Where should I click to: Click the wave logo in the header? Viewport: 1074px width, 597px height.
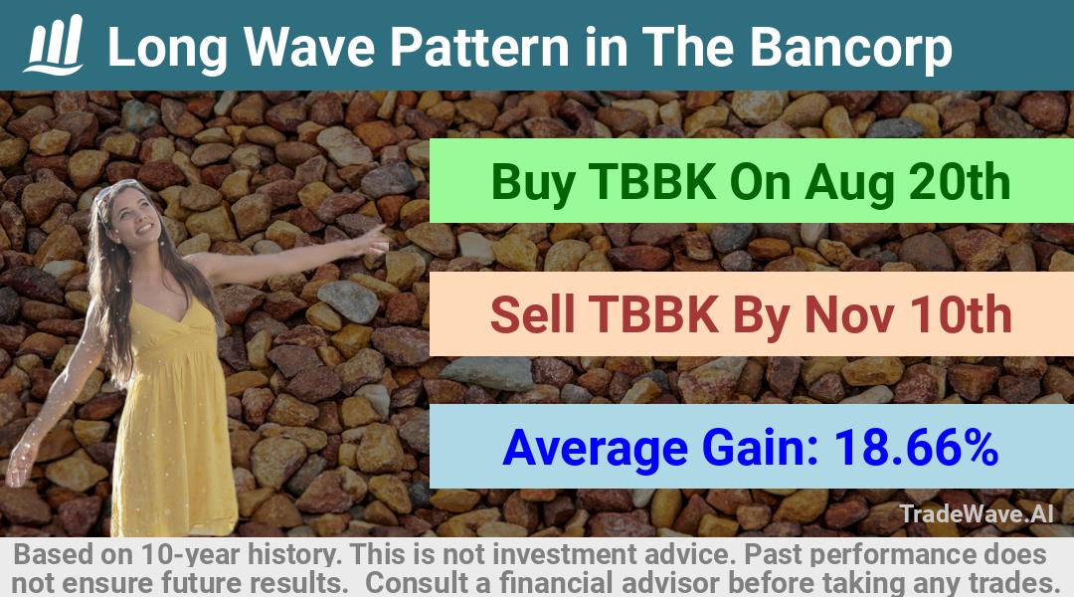point(54,45)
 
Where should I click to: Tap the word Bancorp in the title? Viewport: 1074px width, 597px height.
point(850,48)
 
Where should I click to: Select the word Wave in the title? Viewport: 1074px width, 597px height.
point(309,48)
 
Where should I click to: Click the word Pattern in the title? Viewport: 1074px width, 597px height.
point(479,48)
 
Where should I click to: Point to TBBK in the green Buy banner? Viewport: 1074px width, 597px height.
point(652,182)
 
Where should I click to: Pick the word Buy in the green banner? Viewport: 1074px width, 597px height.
point(532,184)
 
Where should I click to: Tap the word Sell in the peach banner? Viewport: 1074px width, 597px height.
point(532,314)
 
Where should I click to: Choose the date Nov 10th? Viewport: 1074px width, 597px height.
point(908,314)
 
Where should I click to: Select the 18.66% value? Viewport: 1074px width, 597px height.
point(916,447)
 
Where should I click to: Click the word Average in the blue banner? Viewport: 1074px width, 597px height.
point(595,449)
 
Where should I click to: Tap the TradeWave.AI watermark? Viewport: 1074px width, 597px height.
point(977,514)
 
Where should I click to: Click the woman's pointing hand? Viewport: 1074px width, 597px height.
point(372,239)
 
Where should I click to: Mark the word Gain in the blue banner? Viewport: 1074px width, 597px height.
point(761,448)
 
